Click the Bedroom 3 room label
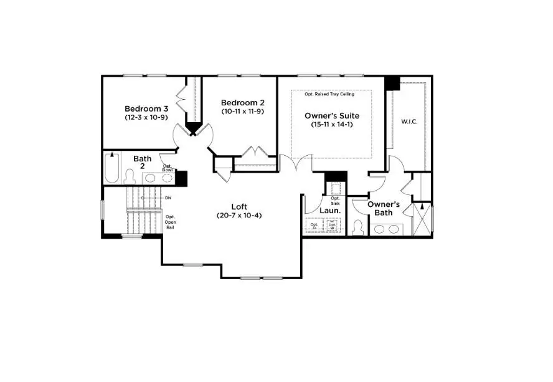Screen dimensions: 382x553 coord(146,107)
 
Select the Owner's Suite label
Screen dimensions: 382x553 coord(331,115)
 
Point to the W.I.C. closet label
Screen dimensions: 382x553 coord(409,121)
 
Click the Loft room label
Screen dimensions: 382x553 coord(240,206)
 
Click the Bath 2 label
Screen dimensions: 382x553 coord(142,163)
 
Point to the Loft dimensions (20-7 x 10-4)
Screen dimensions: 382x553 coord(240,216)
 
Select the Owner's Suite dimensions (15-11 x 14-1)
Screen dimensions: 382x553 coord(331,125)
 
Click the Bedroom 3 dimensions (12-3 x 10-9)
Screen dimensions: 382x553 coord(146,117)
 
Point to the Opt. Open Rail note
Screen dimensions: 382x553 coord(170,222)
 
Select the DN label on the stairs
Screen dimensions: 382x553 coord(168,198)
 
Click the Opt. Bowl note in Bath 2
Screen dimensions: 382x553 coord(168,167)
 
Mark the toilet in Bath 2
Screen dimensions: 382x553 coord(130,177)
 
